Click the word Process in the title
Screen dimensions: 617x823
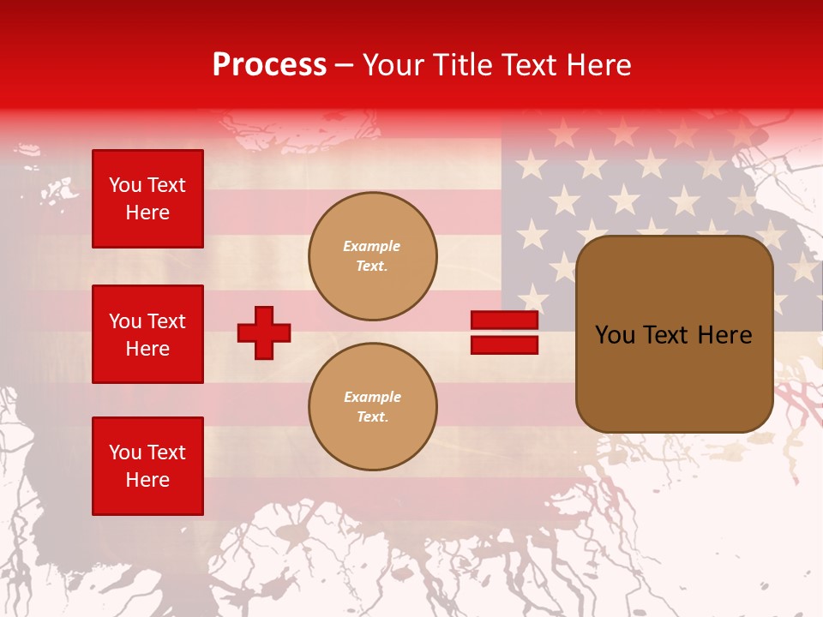pos(269,65)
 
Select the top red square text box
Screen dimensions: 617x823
pos(147,199)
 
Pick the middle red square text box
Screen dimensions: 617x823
pos(147,334)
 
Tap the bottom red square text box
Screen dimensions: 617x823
pos(147,466)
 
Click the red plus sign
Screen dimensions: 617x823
pos(264,332)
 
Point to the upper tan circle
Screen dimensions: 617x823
pos(372,256)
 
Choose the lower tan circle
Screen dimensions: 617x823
pos(372,407)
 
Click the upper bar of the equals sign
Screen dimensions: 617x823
pos(504,320)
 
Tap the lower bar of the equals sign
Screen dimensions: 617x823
pos(504,344)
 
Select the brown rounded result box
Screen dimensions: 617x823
pos(674,334)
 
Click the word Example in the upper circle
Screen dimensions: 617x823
pos(372,246)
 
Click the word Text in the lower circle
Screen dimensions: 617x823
pos(371,417)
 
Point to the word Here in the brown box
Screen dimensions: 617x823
pos(725,335)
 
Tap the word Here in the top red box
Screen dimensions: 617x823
pos(147,213)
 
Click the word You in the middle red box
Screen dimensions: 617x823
pos(124,321)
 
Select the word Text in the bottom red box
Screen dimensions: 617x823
pos(165,452)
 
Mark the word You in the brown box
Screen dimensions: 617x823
pos(614,335)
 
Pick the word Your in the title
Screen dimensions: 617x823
pos(395,65)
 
